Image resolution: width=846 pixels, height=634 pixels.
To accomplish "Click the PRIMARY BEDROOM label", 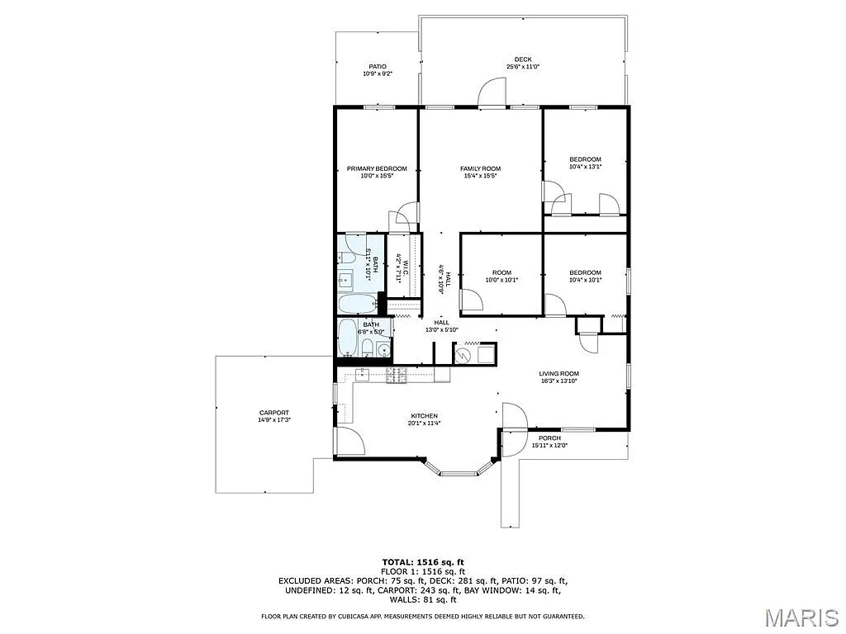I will tap(377, 168).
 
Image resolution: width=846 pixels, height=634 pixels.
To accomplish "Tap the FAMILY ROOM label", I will tap(480, 168).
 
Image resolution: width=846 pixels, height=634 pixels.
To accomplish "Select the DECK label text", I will tap(523, 59).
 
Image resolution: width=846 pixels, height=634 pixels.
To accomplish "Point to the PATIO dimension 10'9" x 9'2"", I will tap(377, 74).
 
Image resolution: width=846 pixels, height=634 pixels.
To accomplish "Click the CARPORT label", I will tap(274, 413).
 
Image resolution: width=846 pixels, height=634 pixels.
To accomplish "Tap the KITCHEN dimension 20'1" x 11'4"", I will tap(424, 423).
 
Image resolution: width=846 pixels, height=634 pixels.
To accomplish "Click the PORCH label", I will tap(549, 438).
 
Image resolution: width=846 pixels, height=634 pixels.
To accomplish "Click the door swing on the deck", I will tap(492, 91).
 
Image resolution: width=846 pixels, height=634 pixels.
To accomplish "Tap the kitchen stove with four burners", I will tap(397, 375).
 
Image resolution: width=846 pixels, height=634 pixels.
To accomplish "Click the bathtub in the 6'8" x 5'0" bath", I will tap(348, 338).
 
